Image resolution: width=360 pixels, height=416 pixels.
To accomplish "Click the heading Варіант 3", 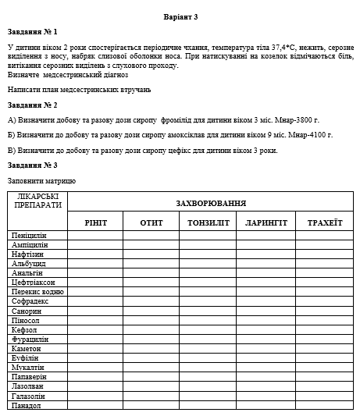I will tap(180, 16).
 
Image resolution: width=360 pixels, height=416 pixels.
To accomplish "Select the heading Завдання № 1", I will tap(32, 32).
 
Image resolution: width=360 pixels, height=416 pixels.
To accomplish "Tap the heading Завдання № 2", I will tap(32, 105).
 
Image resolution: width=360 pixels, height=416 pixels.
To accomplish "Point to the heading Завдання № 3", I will tap(32, 165).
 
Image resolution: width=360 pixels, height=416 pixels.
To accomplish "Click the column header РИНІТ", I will tap(95, 222).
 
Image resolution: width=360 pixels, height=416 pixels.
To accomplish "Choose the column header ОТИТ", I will tap(151, 222).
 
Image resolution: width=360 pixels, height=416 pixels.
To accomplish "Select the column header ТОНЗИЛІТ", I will tap(208, 222).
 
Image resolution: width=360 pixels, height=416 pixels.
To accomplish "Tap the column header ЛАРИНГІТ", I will tap(266, 222).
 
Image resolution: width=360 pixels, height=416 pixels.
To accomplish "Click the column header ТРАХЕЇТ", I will tap(324, 222).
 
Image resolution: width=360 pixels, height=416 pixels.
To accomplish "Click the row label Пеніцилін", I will tap(30, 235).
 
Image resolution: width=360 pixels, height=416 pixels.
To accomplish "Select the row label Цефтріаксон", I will tap(33, 282).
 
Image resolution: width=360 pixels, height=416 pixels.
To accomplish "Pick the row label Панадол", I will tap(27, 405).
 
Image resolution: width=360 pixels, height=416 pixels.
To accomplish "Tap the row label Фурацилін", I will tap(30, 339).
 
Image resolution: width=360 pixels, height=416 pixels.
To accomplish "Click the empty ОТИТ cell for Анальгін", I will tap(151, 272).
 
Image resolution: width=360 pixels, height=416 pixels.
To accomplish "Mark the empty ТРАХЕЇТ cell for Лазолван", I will tap(324, 386).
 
